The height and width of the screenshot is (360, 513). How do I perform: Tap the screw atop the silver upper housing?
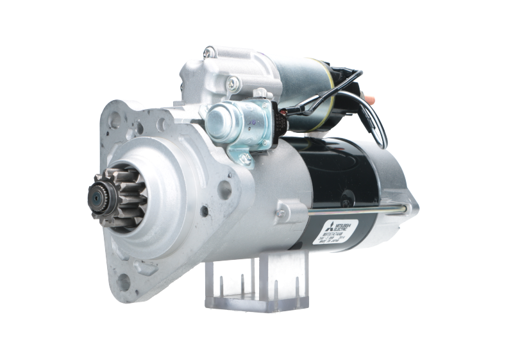[210, 52]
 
